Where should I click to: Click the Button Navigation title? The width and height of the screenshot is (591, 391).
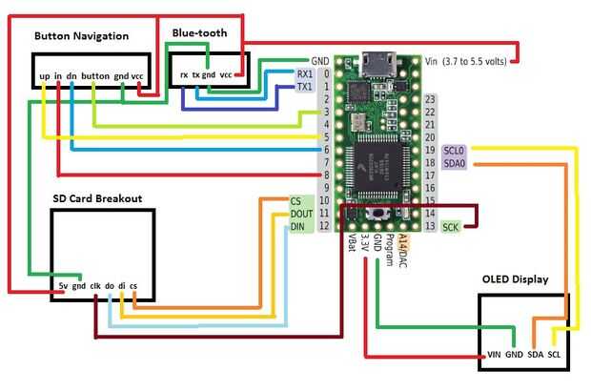[80, 36]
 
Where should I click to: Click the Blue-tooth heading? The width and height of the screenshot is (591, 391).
[199, 32]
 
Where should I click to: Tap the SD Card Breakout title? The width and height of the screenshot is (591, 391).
[97, 198]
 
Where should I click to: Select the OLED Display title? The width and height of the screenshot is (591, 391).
[516, 279]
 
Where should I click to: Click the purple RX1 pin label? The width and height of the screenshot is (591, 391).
[304, 73]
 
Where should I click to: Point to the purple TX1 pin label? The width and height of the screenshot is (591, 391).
[304, 87]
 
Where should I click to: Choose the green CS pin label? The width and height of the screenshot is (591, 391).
[296, 201]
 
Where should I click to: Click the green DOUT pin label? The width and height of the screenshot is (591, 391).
[301, 214]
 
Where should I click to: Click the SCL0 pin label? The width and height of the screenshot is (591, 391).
[454, 151]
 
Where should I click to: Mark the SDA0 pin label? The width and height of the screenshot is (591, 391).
[454, 163]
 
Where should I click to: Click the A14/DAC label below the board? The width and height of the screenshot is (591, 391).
[401, 249]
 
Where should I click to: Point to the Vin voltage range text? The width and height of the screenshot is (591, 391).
[467, 61]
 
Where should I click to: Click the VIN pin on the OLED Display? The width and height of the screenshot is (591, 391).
[494, 354]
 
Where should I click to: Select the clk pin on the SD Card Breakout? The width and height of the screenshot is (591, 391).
[95, 284]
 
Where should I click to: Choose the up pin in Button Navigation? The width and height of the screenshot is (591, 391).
[44, 74]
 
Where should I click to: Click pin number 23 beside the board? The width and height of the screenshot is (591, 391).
[431, 99]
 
